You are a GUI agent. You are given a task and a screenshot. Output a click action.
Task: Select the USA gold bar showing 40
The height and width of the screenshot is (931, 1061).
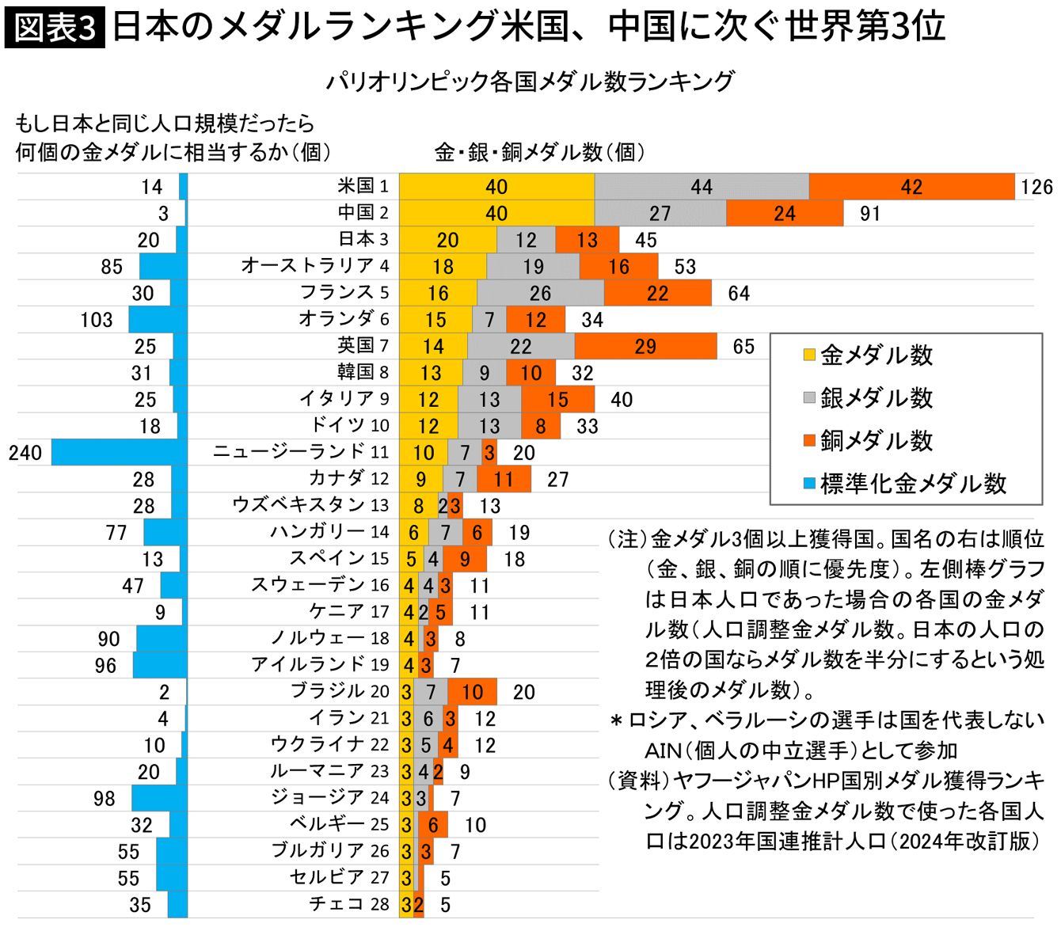coord(496,187)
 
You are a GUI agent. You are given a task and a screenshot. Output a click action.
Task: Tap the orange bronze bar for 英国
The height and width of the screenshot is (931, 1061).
coord(645,347)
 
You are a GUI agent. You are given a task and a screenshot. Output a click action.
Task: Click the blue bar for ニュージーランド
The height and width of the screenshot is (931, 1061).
coord(120,453)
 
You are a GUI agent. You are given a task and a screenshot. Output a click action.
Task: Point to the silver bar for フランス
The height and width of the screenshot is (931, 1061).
coord(540,293)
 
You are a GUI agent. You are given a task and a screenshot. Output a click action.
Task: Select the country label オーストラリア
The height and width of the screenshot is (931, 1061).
coord(308,265)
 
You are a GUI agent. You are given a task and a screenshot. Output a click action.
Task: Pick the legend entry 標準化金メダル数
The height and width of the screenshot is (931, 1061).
coord(912,483)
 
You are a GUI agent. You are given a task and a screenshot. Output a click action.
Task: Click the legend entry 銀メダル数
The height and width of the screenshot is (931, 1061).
coord(876,397)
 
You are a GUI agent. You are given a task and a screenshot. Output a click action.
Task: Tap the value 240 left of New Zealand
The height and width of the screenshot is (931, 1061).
coord(25,453)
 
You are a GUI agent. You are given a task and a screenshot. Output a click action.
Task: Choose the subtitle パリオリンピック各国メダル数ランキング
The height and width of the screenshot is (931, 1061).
coord(530,81)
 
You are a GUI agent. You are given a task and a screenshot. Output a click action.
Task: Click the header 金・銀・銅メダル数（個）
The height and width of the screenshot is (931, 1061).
coord(539,152)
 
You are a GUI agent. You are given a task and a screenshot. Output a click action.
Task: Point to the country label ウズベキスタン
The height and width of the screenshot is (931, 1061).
coord(299,505)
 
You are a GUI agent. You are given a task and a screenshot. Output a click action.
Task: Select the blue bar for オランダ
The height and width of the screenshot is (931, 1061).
coord(158,320)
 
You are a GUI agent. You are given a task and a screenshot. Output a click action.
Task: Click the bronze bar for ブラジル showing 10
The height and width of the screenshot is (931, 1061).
coord(472,692)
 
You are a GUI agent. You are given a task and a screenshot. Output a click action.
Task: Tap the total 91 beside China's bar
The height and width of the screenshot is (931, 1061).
coord(870,214)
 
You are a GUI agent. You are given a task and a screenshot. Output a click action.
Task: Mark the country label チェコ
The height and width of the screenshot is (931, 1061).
coord(336,904)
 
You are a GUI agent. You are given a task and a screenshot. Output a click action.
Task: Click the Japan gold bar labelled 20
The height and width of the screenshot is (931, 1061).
coord(447,240)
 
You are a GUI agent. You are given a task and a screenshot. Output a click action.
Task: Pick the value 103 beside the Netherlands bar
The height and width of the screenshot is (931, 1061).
coord(97,320)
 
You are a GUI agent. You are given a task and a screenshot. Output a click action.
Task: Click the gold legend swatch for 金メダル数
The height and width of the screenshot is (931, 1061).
coord(809,355)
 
